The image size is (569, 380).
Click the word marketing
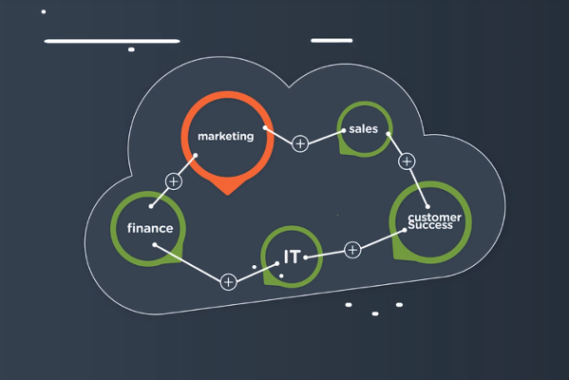[x=225, y=136]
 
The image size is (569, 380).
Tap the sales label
[x=363, y=129]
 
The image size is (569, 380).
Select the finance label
[x=150, y=228]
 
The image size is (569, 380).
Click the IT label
[x=293, y=256]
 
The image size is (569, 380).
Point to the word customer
[x=434, y=218]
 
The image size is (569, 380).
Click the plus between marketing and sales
[x=300, y=144]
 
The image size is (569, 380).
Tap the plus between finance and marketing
[x=174, y=181]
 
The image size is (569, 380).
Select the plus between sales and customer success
[x=407, y=161]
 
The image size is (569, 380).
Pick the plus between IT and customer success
[x=352, y=250]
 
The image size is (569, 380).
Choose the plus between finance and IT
[x=229, y=282]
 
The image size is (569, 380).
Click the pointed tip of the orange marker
[x=228, y=195]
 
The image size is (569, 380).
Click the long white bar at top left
[x=112, y=42]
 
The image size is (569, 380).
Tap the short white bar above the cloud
[x=332, y=41]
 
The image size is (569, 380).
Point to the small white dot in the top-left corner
[x=44, y=11]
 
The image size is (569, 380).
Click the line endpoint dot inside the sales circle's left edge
[x=343, y=131]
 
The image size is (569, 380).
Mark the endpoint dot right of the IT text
[x=306, y=257]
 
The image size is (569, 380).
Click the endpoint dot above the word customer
[x=427, y=207]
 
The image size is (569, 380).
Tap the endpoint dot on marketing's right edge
[x=265, y=127]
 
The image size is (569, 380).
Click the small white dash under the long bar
[x=131, y=49]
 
